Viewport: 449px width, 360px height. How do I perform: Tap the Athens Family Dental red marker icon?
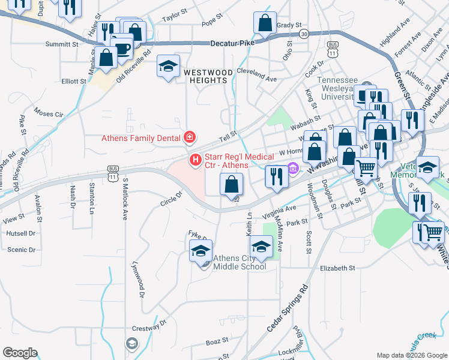(x=190, y=138)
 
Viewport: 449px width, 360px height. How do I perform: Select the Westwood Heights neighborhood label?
(x=208, y=72)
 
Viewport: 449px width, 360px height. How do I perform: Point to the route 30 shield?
(x=304, y=34)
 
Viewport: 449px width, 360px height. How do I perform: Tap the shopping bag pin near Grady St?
(x=265, y=24)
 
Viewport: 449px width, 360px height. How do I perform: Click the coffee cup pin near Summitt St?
(x=122, y=48)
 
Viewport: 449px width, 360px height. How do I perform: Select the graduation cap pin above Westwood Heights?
(x=168, y=67)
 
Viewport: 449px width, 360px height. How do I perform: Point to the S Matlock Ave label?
(x=125, y=199)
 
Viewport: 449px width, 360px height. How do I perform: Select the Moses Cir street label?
(x=49, y=113)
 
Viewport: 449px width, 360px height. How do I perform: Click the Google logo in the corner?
(x=20, y=353)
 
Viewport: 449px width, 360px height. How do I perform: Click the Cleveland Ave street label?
(x=256, y=79)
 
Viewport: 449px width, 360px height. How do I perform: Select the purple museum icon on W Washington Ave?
(x=293, y=167)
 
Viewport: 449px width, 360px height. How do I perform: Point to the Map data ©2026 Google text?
(x=411, y=355)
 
